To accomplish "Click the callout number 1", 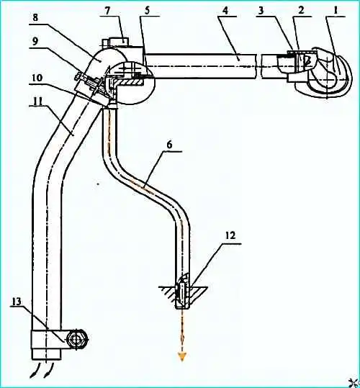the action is point(335,10).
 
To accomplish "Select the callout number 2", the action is point(301,10).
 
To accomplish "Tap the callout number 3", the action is point(261,11).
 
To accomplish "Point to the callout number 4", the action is point(225,11).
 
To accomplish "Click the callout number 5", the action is point(147,11).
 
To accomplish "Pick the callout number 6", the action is point(169,145).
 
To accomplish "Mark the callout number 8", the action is point(35,18).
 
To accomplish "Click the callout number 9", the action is point(35,41).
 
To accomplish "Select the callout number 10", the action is point(37,78).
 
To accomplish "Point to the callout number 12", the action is point(230,236).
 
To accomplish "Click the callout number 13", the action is point(16,302).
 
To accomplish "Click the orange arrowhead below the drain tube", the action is point(182,357).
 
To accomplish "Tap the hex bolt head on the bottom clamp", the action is point(77,340).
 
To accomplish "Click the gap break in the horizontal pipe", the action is point(259,66).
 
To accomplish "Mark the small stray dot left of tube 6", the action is point(98,184).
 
